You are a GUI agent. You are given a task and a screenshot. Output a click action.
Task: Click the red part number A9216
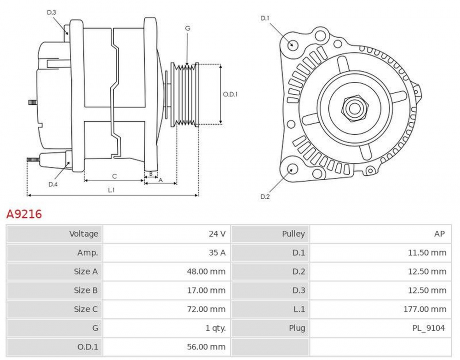click(23, 214)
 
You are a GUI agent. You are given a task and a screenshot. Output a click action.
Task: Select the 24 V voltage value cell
click(217, 234)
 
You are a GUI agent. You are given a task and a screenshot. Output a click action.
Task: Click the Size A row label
click(86, 272)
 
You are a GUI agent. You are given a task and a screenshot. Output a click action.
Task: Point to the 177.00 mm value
click(424, 309)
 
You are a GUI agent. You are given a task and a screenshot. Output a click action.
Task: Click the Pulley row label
click(293, 234)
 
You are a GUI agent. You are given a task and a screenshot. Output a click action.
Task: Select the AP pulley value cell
click(439, 234)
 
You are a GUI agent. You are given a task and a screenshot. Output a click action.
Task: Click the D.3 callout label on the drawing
click(52, 13)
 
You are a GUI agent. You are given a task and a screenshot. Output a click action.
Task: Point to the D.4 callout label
click(53, 184)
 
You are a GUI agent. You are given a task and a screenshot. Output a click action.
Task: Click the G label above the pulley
click(187, 29)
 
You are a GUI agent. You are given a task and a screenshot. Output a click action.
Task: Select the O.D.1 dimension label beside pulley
click(230, 94)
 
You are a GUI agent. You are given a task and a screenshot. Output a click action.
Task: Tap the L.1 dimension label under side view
click(111, 189)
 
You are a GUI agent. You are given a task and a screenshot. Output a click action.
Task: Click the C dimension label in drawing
click(115, 176)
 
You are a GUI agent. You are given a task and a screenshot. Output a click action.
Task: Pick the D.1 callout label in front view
click(265, 18)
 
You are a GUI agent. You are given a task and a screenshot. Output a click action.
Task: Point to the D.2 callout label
click(265, 196)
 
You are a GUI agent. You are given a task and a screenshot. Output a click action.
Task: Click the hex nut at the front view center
click(354, 109)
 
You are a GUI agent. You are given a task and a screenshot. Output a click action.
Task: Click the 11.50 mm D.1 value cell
click(426, 253)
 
